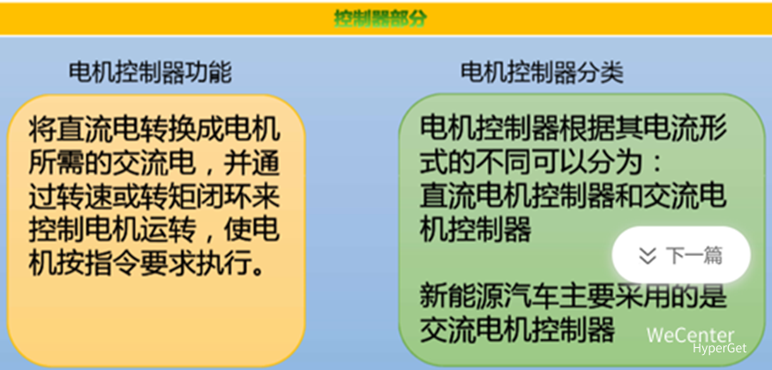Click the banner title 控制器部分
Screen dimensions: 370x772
(380, 18)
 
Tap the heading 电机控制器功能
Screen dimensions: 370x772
(150, 72)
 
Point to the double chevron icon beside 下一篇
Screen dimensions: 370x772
(648, 255)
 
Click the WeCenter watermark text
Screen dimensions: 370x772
(690, 335)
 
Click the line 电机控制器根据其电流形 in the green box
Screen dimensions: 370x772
(573, 131)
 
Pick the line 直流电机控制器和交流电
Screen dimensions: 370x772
(573, 196)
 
